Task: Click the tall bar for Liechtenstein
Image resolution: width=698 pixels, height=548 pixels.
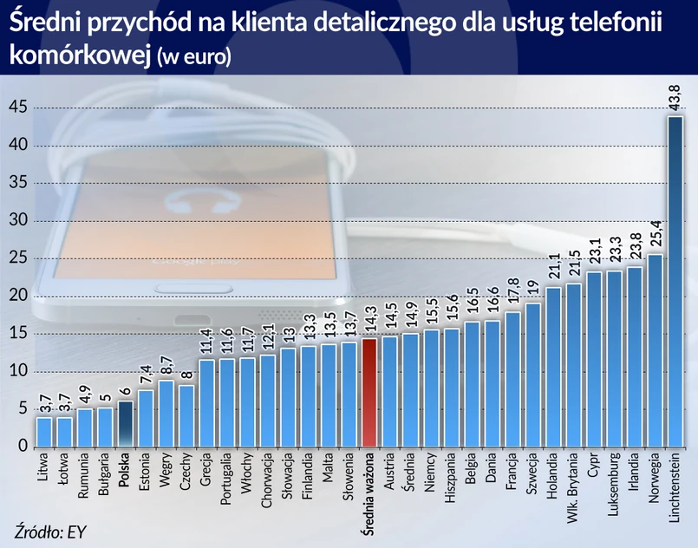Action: (x=675, y=282)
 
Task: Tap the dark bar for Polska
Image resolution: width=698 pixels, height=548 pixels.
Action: (x=126, y=424)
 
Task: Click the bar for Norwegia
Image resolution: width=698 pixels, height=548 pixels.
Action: (x=655, y=350)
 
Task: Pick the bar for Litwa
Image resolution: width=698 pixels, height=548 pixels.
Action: (x=44, y=432)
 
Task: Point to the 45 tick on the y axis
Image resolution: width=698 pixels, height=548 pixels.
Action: (x=19, y=107)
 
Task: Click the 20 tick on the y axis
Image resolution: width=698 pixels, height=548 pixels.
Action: (x=19, y=296)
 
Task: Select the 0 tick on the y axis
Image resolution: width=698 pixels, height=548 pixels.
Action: (x=23, y=447)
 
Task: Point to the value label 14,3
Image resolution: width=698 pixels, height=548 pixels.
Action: (x=369, y=319)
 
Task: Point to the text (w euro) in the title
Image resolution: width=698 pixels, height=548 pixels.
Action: (x=194, y=56)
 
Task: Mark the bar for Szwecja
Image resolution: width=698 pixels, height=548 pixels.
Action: (x=532, y=375)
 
